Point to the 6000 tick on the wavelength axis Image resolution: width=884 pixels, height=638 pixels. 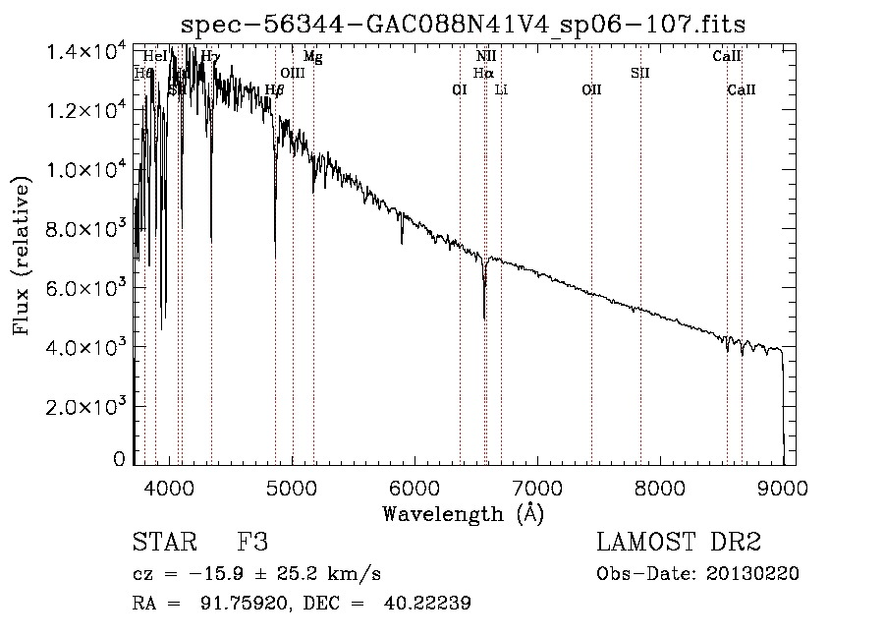click(414, 486)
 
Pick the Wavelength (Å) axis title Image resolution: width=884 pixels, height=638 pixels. click(463, 513)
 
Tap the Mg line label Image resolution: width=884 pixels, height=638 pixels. click(312, 57)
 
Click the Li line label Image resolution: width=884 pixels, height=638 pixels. click(501, 90)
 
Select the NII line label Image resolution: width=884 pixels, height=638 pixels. click(486, 57)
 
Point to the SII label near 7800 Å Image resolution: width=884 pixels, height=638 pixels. click(640, 73)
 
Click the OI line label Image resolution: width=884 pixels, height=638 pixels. click(459, 90)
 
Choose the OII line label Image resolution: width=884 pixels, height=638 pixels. click(591, 90)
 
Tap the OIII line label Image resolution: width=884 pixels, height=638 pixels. click(293, 73)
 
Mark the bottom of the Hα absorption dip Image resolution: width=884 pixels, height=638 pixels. click(484, 317)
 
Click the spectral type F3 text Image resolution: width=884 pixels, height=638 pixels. click(252, 544)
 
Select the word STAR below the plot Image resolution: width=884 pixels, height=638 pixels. click(158, 544)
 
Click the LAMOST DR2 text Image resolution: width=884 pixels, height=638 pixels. click(678, 544)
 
